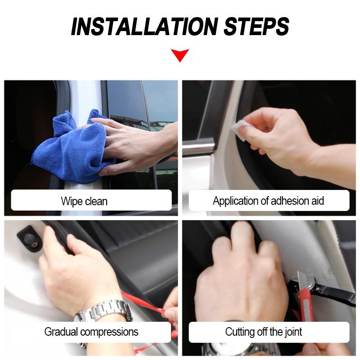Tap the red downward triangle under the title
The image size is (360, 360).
(180, 55)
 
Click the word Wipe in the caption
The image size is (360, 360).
(72, 201)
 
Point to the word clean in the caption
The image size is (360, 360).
(96, 201)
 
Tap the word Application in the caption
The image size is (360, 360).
(239, 201)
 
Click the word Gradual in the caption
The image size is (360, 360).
(61, 332)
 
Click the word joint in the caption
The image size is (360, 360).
(293, 332)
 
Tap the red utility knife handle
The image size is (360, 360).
(306, 306)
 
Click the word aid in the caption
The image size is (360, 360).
(318, 200)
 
